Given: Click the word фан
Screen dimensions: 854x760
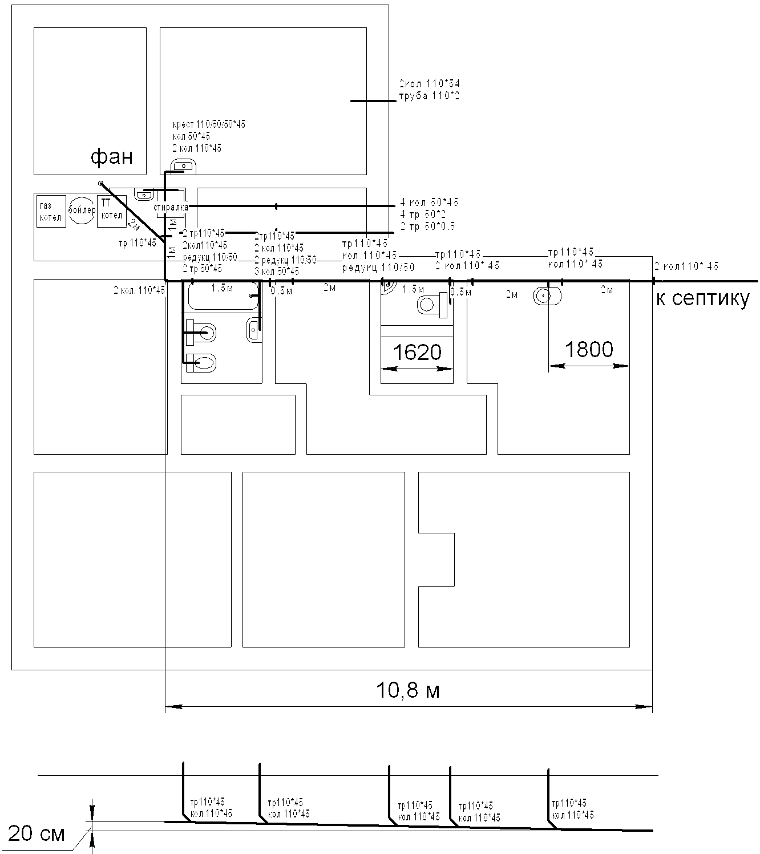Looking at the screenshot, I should pyautogui.click(x=111, y=156).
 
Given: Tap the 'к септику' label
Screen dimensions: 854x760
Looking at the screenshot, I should pyautogui.click(x=702, y=298).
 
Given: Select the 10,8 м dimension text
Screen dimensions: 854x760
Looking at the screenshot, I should pyautogui.click(x=408, y=691).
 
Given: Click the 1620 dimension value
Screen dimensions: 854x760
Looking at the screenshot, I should pyautogui.click(x=417, y=353).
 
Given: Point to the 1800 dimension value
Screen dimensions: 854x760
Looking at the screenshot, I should pyautogui.click(x=589, y=349).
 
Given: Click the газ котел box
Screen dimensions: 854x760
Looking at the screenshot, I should pyautogui.click(x=51, y=212).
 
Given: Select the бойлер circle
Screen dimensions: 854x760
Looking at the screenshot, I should pyautogui.click(x=82, y=211).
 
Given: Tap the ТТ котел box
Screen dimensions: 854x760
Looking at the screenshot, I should pyautogui.click(x=111, y=211).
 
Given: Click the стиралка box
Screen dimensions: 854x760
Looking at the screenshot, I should pyautogui.click(x=171, y=208).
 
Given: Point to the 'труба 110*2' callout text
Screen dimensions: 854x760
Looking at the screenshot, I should pyautogui.click(x=429, y=96).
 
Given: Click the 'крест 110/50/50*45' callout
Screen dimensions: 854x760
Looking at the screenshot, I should pyautogui.click(x=209, y=124).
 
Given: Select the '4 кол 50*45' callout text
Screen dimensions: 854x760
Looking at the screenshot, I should pyautogui.click(x=429, y=203).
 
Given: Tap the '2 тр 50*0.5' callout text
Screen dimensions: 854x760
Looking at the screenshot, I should pyautogui.click(x=428, y=226).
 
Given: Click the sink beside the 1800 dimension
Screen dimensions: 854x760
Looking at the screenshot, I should pyautogui.click(x=548, y=296).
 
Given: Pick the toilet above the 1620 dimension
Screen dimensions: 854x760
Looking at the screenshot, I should pyautogui.click(x=431, y=304).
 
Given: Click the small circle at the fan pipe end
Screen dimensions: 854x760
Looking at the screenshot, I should pyautogui.click(x=101, y=183).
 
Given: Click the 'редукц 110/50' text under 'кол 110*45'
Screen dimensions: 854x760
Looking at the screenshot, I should pyautogui.click(x=378, y=267).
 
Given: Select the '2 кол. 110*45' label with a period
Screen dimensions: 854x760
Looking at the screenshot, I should pyautogui.click(x=139, y=290).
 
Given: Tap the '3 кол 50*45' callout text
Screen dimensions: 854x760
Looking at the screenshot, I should pyautogui.click(x=277, y=271).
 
